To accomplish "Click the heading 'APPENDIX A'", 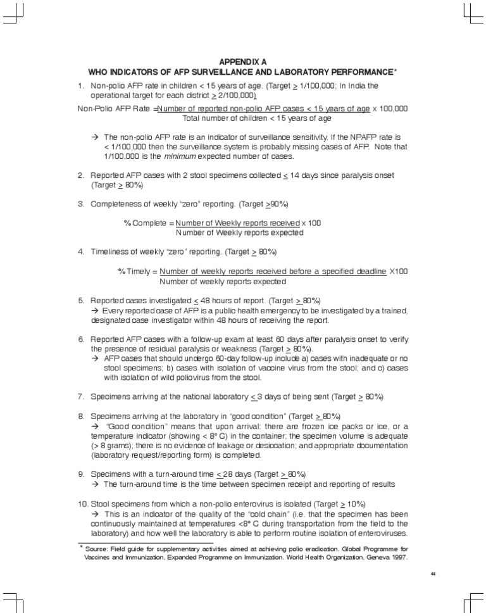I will tap(243, 61).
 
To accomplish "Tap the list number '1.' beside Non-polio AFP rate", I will tap(82, 85).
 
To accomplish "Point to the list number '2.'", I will tap(82, 175).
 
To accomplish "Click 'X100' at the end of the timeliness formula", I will tap(399, 272).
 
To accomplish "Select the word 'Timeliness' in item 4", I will tap(110, 251).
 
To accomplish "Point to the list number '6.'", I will tap(82, 339).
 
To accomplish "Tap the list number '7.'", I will tap(82, 396).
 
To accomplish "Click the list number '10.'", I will tap(83, 503).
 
